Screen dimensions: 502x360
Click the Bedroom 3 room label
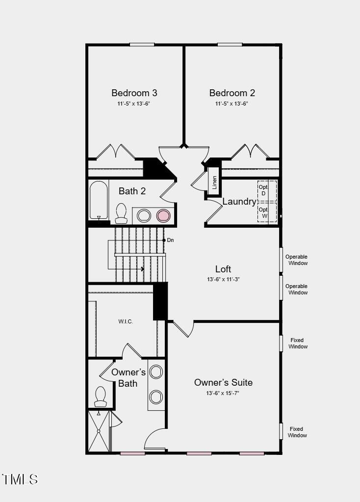[134, 93]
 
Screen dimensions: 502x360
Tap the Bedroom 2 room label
[232, 93]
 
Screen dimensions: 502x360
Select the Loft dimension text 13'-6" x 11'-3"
[223, 279]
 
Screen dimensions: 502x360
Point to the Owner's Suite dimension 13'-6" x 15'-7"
[223, 394]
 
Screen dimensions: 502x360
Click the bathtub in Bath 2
[99, 201]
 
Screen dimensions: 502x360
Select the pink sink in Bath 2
[163, 215]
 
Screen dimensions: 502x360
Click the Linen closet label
[214, 183]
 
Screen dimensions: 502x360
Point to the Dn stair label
[170, 240]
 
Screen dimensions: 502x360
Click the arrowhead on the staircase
[142, 269]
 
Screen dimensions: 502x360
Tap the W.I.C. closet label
[126, 321]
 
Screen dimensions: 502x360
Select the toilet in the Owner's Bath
[101, 396]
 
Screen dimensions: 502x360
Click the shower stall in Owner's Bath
[99, 431]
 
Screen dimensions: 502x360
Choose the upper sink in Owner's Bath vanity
[156, 372]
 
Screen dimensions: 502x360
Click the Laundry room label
[239, 202]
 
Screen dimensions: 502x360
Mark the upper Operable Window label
[296, 260]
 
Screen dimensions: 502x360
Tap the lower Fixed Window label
[297, 432]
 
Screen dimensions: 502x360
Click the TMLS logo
[20, 479]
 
